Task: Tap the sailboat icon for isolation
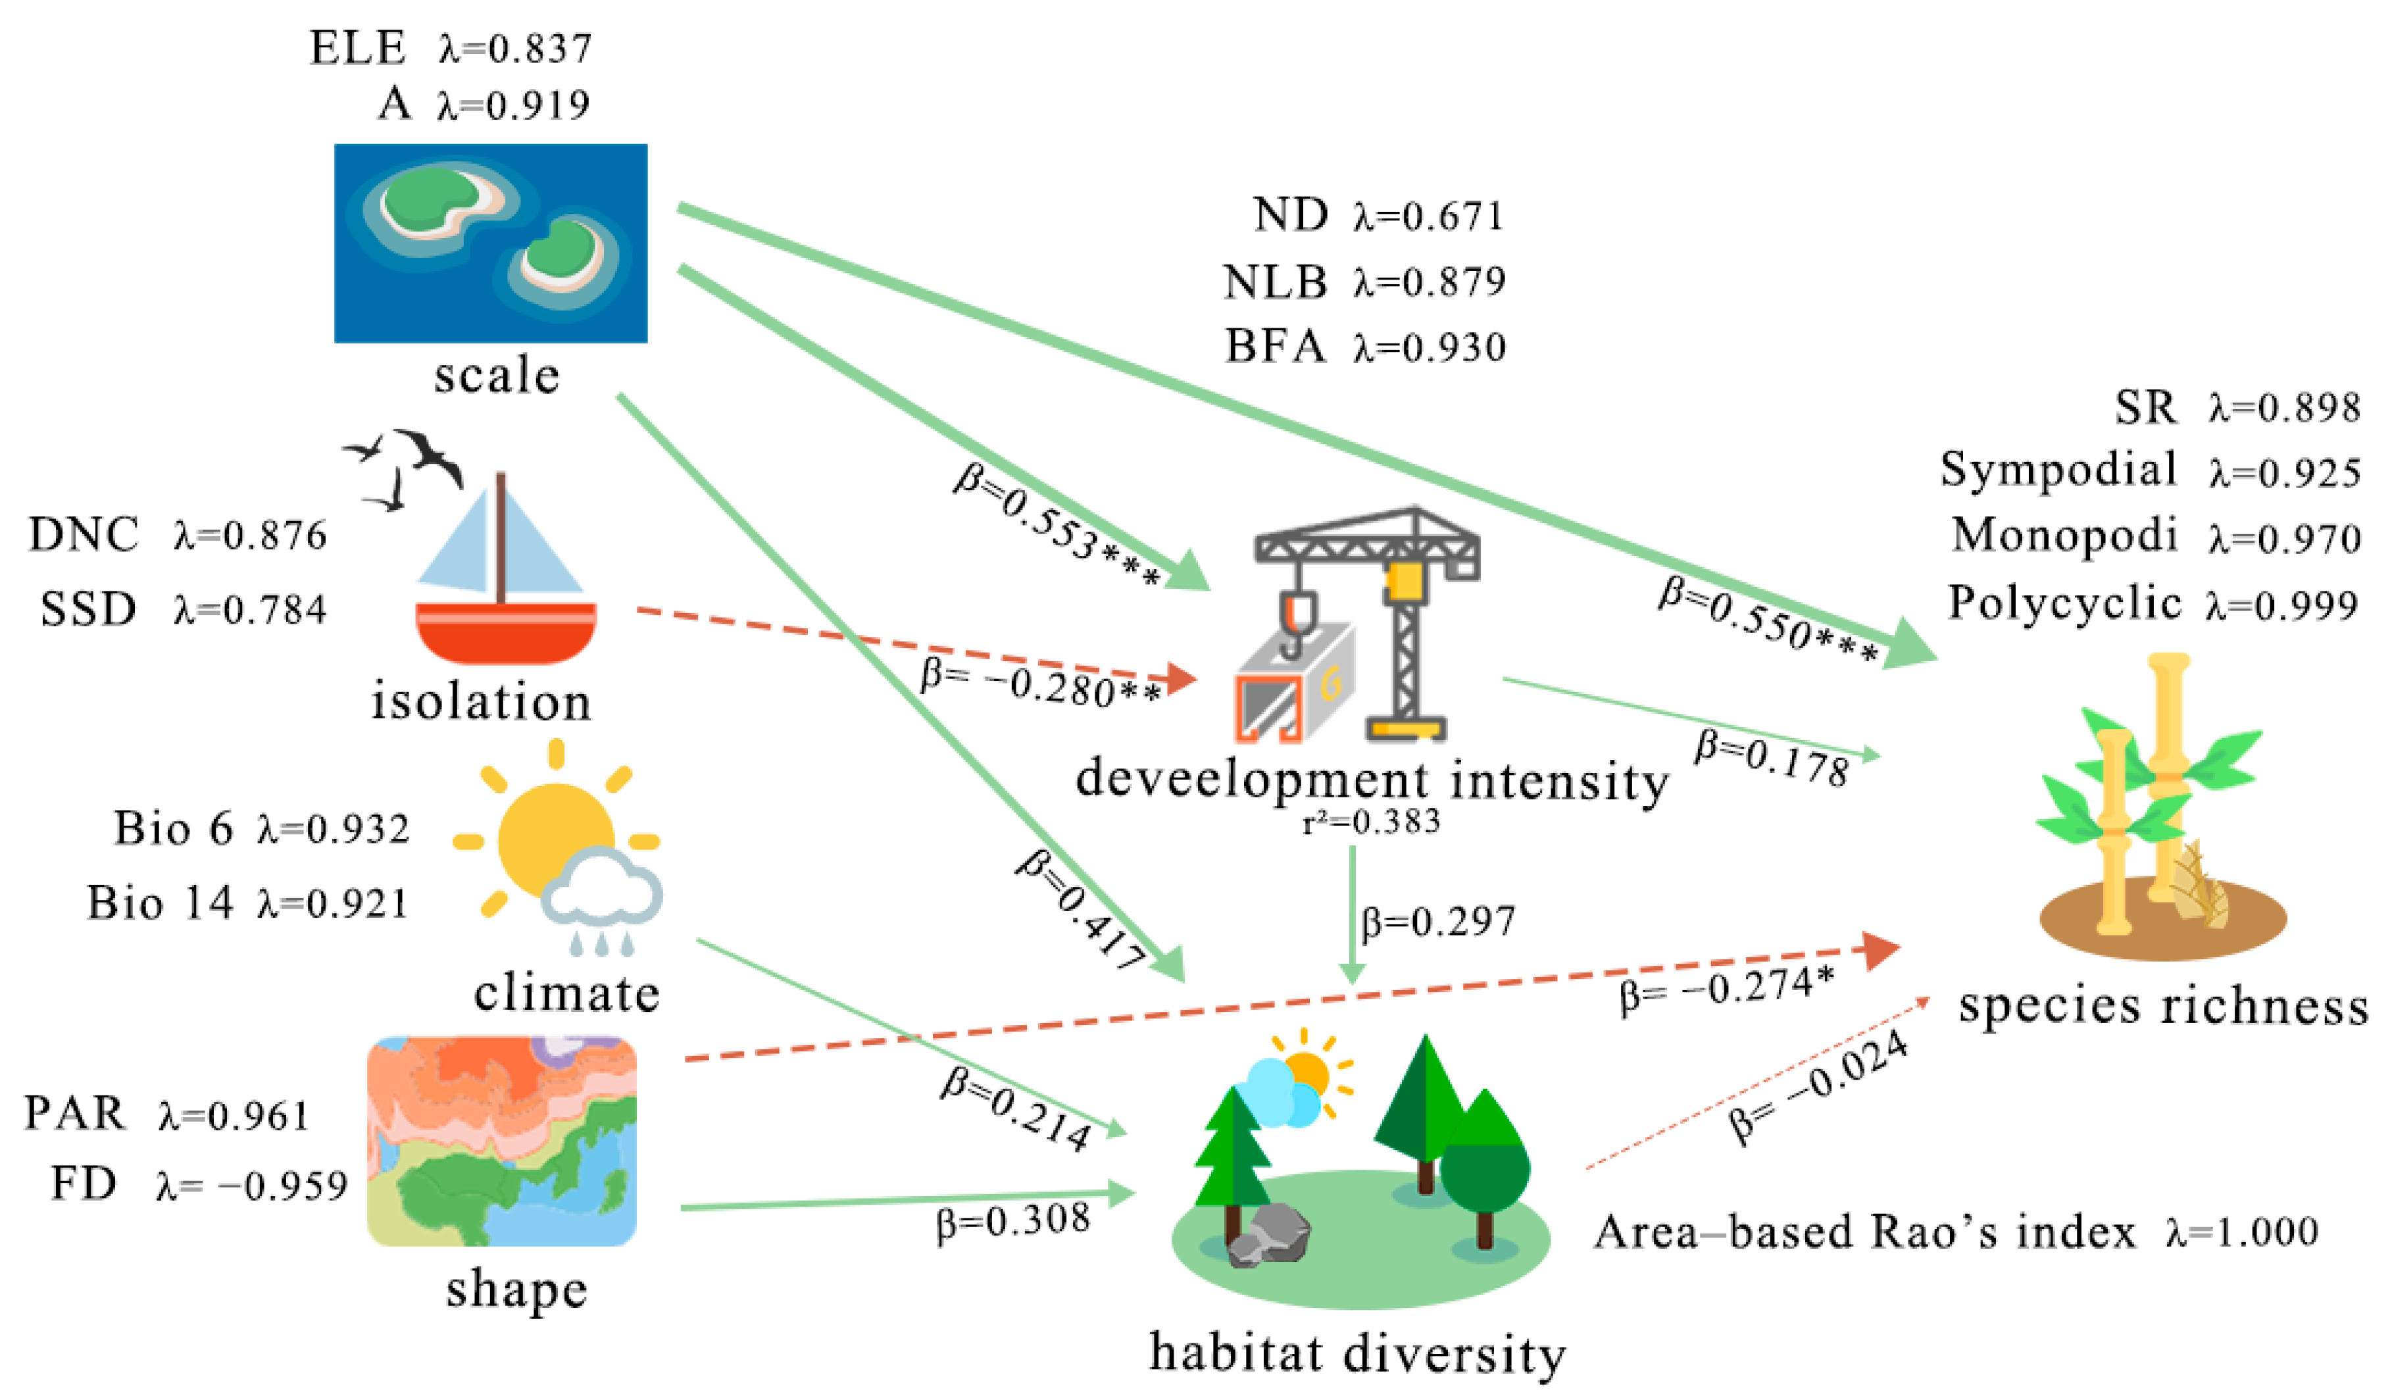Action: (x=503, y=574)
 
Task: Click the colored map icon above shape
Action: (x=502, y=1141)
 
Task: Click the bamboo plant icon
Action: (x=2158, y=806)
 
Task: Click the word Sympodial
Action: (x=2058, y=470)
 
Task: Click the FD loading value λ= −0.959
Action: (x=252, y=1186)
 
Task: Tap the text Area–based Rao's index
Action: (x=1864, y=1232)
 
